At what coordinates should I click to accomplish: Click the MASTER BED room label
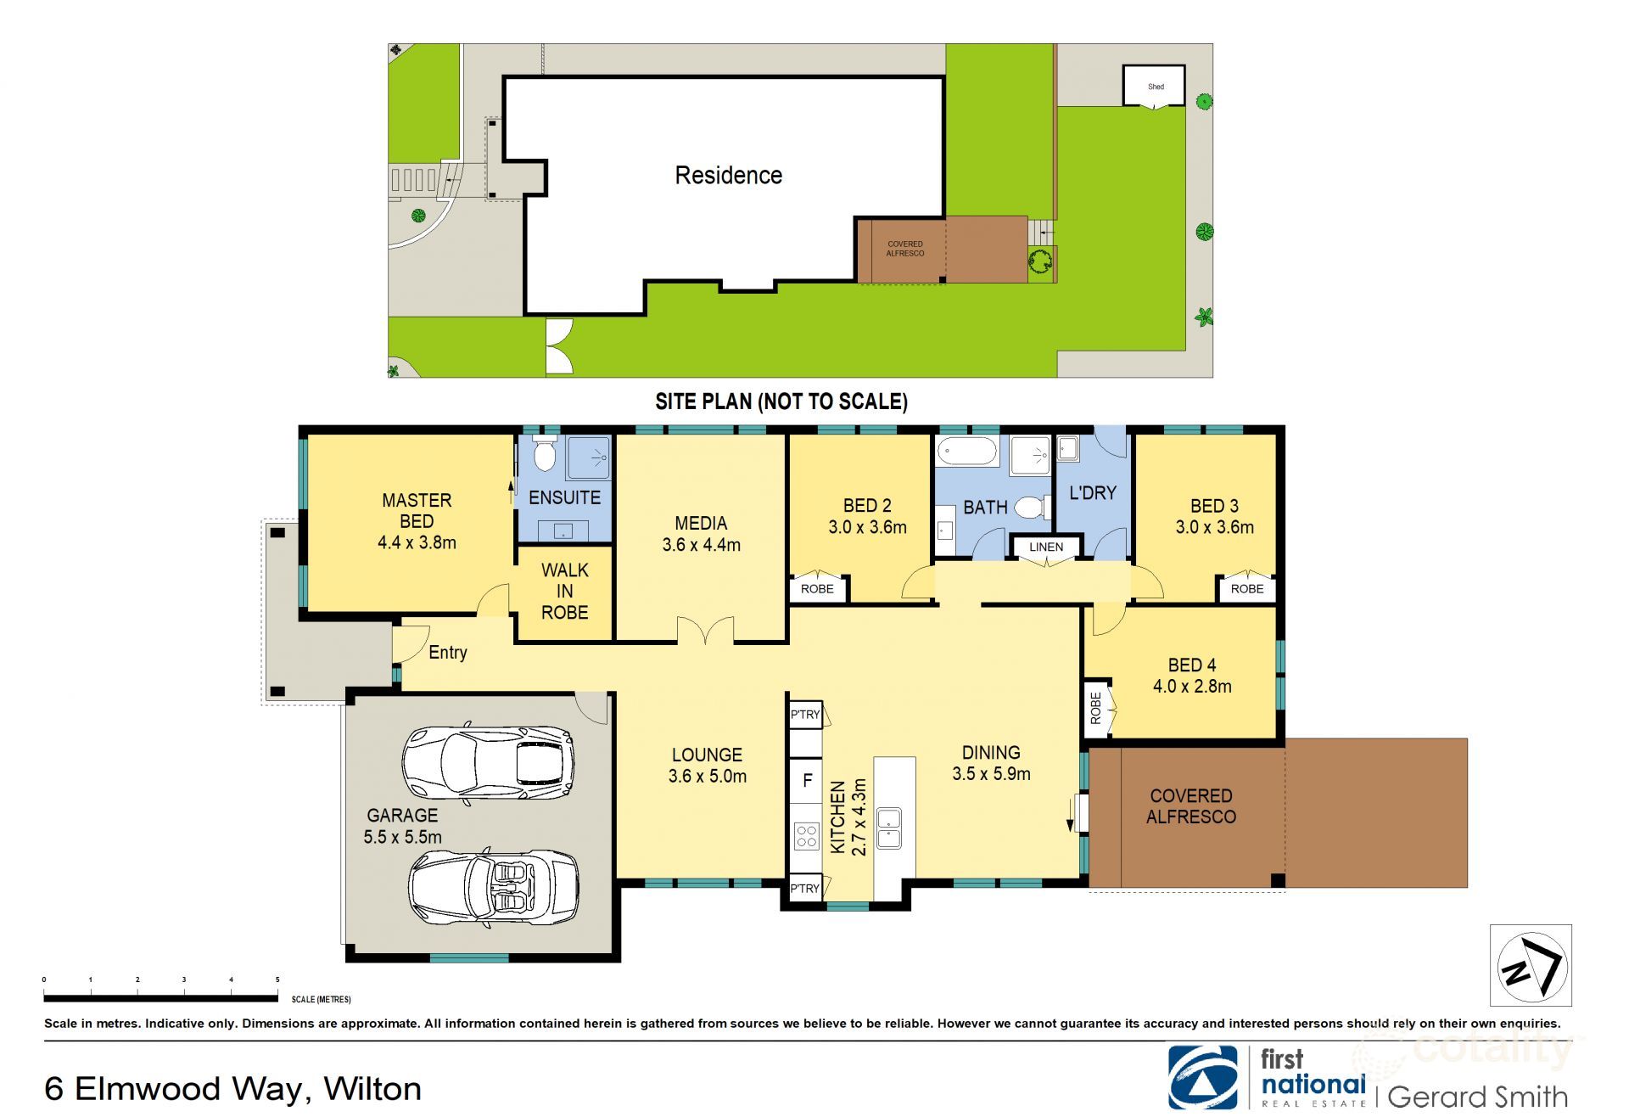pyautogui.click(x=417, y=520)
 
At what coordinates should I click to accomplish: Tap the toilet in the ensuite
pyautogui.click(x=545, y=456)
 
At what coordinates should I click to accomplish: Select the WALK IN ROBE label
pyautogui.click(x=564, y=591)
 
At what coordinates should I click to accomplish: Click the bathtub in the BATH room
pyautogui.click(x=967, y=452)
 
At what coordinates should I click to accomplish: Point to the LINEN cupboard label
pyautogui.click(x=1045, y=547)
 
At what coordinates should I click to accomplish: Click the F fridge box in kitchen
pyautogui.click(x=807, y=780)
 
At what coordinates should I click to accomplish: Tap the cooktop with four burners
pyautogui.click(x=806, y=837)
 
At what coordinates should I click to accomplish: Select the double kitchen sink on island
pyautogui.click(x=888, y=828)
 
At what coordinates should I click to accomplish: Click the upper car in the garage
pyautogui.click(x=488, y=765)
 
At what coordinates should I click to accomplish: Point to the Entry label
pyautogui.click(x=447, y=652)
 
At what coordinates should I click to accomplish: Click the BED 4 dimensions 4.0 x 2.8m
pyautogui.click(x=1191, y=686)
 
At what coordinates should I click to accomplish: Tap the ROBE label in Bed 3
pyautogui.click(x=1246, y=588)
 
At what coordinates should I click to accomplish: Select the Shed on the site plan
pyautogui.click(x=1155, y=86)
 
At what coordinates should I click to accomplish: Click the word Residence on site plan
pyautogui.click(x=728, y=175)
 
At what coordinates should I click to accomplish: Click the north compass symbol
pyautogui.click(x=1531, y=966)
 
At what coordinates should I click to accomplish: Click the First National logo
pyautogui.click(x=1202, y=1077)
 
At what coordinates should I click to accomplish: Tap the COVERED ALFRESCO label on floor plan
pyautogui.click(x=1190, y=805)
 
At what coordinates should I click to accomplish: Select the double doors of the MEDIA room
pyautogui.click(x=705, y=631)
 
